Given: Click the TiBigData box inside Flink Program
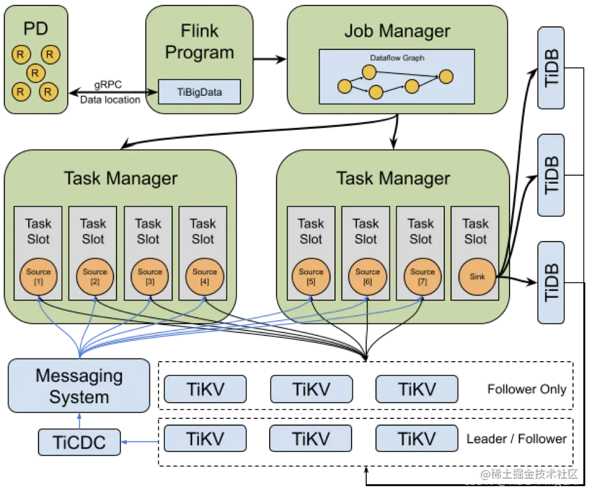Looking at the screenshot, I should click(200, 93).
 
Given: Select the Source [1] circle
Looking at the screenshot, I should click(38, 276).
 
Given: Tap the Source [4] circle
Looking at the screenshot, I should click(204, 276).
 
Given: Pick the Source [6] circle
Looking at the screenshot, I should click(367, 276).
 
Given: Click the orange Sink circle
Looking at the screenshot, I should click(477, 276).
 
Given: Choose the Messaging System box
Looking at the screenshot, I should click(79, 386).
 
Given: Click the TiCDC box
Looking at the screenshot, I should click(79, 442).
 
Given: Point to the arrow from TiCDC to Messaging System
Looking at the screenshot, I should click(79, 420).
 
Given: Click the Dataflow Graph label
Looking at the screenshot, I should click(397, 58).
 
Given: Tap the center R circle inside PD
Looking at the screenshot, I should click(35, 73).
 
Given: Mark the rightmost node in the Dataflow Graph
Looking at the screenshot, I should click(446, 77).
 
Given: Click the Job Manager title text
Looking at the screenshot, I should click(397, 31).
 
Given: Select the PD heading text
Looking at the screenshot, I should click(35, 28).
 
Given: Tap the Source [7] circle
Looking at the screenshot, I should click(422, 276).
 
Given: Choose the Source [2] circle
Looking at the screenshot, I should click(95, 276).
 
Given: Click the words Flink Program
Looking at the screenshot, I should click(200, 41).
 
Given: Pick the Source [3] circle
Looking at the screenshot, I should click(150, 276).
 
